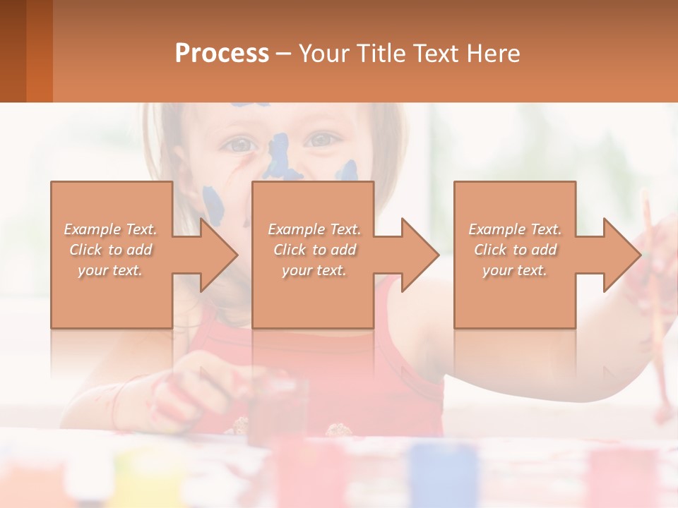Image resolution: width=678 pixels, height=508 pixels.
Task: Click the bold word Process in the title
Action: [x=222, y=54]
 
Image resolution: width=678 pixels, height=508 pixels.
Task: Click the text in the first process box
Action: [x=111, y=250]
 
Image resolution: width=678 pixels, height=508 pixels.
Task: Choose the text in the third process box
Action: [x=515, y=250]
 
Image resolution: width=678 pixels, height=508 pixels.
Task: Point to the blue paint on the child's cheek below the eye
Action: [x=347, y=171]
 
